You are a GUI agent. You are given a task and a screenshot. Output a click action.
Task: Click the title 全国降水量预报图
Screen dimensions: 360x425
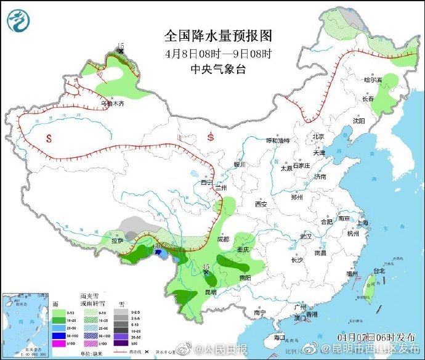click(219, 35)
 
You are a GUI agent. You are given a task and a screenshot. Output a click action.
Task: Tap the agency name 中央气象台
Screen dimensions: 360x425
click(219, 69)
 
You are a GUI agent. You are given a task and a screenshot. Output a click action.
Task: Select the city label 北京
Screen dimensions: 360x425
click(318, 136)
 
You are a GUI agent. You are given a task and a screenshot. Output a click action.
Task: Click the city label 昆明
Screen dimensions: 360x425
click(211, 291)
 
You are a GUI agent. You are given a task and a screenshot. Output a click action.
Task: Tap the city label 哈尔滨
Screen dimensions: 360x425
click(373, 80)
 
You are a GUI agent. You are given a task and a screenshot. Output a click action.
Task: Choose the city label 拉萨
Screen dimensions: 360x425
click(117, 240)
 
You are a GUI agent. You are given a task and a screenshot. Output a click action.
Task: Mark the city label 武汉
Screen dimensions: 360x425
click(306, 236)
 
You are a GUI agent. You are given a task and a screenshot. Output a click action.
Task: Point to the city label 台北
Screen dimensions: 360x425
click(379, 271)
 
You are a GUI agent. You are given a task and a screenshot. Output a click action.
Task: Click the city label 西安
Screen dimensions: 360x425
click(261, 204)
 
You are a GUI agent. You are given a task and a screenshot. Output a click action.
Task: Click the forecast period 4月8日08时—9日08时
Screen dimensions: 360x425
click(219, 53)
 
